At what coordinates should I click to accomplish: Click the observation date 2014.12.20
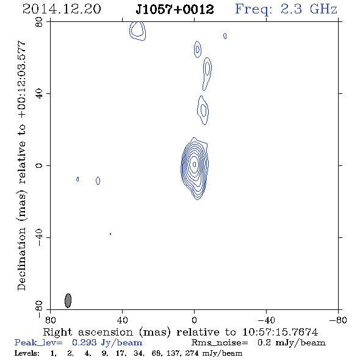[62, 9]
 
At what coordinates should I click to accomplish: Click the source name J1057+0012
[175, 9]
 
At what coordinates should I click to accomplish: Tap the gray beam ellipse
[68, 301]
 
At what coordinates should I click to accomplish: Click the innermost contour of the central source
[195, 164]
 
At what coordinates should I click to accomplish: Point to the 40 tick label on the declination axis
[39, 94]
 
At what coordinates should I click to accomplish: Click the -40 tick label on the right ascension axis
[266, 320]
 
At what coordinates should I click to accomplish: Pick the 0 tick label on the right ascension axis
[194, 320]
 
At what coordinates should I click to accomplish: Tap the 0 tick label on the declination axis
[39, 165]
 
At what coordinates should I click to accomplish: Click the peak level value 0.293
[84, 342]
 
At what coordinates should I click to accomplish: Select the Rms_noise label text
[220, 343]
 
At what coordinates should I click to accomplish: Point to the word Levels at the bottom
[27, 353]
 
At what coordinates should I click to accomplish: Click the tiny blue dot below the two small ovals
[110, 234]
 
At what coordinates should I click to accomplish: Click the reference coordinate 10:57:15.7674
[280, 332]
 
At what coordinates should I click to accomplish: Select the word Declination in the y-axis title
[21, 259]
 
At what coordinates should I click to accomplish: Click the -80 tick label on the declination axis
[39, 309]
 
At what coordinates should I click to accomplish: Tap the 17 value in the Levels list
[120, 353]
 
